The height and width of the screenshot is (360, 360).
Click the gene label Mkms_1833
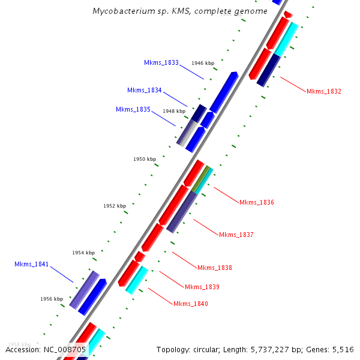pyautogui.click(x=161, y=62)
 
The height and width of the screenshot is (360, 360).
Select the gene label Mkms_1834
pyautogui.click(x=144, y=90)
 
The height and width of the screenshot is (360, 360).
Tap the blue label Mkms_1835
pyautogui.click(x=133, y=109)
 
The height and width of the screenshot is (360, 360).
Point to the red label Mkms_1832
pyautogui.click(x=324, y=91)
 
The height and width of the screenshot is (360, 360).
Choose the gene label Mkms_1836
pyautogui.click(x=257, y=202)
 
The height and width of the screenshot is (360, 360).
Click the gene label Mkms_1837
pyautogui.click(x=236, y=235)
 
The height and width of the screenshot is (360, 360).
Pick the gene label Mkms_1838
pyautogui.click(x=215, y=268)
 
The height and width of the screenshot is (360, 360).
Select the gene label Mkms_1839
pyautogui.click(x=202, y=287)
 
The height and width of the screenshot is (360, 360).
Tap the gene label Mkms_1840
pyautogui.click(x=191, y=304)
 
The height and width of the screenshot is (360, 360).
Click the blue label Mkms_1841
pyautogui.click(x=32, y=264)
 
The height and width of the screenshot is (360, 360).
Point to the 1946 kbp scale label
pyautogui.click(x=203, y=63)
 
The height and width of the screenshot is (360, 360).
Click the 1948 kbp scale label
pyautogui.click(x=174, y=111)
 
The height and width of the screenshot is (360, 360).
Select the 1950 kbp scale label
pyautogui.click(x=145, y=159)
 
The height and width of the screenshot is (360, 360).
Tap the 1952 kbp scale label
pyautogui.click(x=115, y=206)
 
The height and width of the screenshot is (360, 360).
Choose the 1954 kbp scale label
pyautogui.click(x=83, y=253)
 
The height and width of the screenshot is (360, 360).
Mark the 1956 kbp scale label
pyautogui.click(x=52, y=299)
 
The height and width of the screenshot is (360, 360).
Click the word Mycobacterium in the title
pyautogui.click(x=121, y=11)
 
